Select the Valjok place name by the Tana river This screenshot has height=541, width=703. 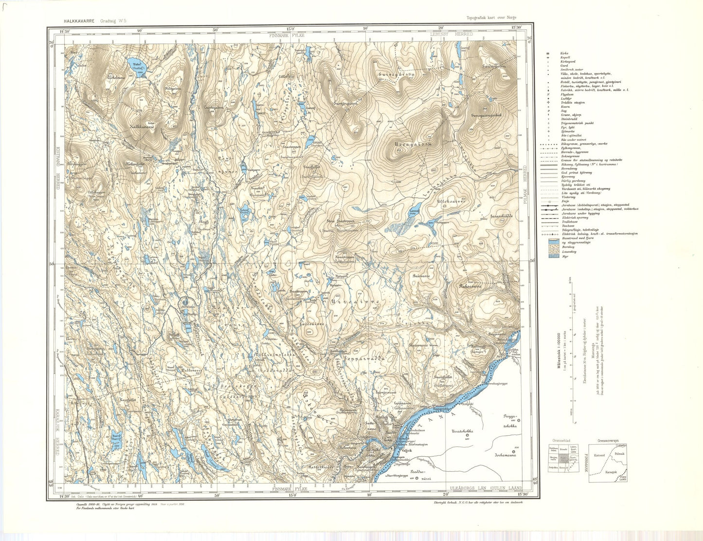[x=399, y=450]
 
